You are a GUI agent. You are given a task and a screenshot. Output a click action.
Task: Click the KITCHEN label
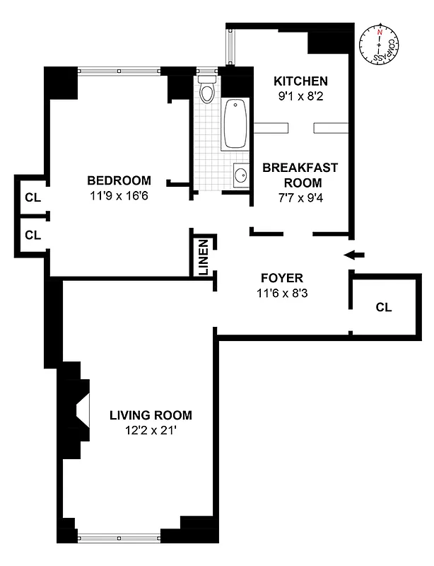pyautogui.click(x=300, y=81)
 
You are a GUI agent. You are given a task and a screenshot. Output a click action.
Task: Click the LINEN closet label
pyautogui.click(x=204, y=256)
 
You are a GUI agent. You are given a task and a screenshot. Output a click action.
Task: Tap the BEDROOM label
pyautogui.click(x=119, y=180)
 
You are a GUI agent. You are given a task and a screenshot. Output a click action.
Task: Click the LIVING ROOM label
pyautogui.click(x=151, y=415)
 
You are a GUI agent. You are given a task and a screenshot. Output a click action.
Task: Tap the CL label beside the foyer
pyautogui.click(x=384, y=307)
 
